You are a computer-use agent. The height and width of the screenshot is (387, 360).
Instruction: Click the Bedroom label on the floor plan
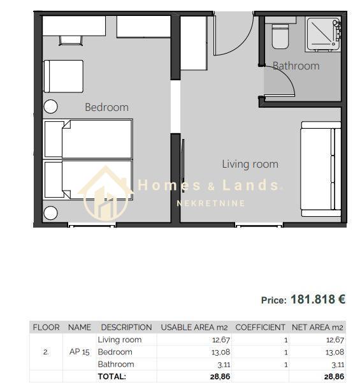click(106, 107)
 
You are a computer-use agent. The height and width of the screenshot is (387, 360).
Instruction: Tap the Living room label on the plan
click(250, 164)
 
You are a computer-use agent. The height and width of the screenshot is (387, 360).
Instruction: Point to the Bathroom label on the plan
click(296, 66)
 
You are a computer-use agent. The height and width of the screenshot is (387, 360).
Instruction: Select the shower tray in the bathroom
click(323, 34)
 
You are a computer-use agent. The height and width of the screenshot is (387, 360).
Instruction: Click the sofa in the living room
click(320, 170)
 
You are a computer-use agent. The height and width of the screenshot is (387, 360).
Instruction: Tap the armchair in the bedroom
click(63, 77)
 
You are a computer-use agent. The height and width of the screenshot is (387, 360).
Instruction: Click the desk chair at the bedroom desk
click(71, 41)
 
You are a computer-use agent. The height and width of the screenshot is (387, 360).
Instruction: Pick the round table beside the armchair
click(50, 106)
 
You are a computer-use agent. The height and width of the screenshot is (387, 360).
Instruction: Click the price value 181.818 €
click(318, 300)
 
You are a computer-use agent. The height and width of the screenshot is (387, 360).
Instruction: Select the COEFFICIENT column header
click(260, 327)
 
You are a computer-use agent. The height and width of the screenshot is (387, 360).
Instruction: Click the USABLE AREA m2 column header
click(194, 327)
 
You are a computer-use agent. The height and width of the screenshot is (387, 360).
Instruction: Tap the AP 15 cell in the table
click(80, 352)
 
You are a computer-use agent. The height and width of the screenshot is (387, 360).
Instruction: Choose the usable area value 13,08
click(220, 352)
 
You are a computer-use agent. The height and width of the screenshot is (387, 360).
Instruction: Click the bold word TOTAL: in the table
click(112, 377)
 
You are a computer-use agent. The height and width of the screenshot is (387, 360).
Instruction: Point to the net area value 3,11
click(338, 365)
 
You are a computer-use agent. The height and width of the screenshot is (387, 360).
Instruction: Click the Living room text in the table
click(120, 340)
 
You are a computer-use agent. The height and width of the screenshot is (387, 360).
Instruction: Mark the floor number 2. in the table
click(46, 352)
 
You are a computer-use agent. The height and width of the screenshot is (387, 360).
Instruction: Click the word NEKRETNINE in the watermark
click(211, 203)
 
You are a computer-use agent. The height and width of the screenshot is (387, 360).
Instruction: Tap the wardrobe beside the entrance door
click(193, 43)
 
